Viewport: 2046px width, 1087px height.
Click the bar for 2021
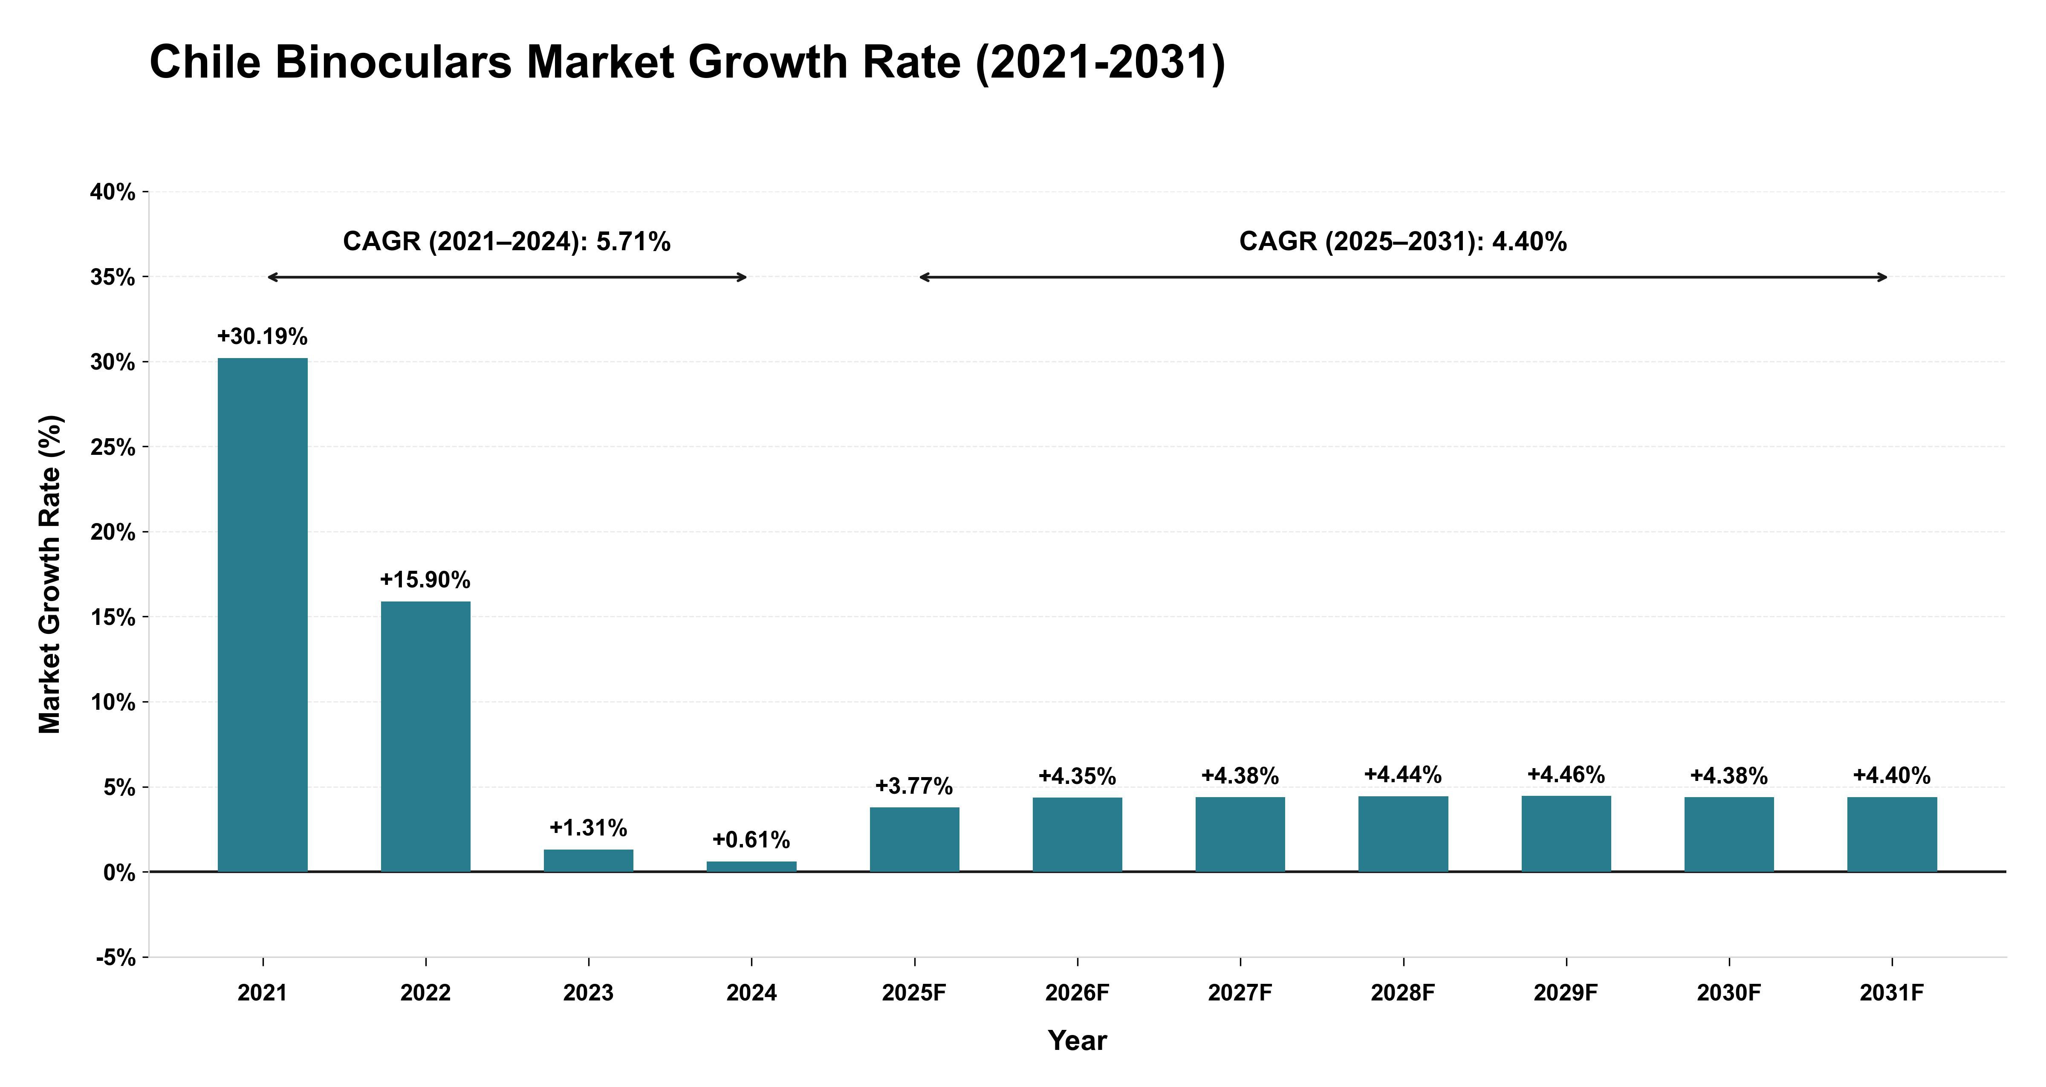[263, 615]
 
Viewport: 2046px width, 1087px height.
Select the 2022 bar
[426, 737]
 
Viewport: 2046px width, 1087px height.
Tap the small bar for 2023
[589, 861]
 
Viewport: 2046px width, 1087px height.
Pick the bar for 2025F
[914, 840]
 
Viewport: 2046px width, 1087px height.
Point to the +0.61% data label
[751, 840]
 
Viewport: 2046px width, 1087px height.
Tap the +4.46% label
[1566, 775]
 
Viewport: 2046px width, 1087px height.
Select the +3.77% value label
[914, 786]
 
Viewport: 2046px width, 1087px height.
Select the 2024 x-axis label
[751, 993]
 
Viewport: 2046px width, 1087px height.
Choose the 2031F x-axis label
[1892, 993]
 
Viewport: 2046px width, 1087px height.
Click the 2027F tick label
[1240, 993]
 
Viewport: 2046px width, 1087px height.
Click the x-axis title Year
[1077, 1041]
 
